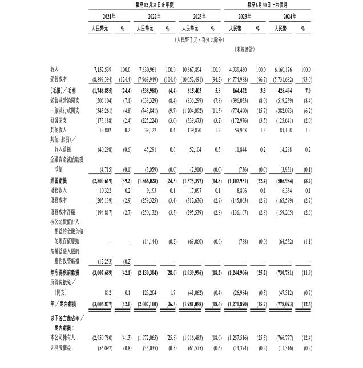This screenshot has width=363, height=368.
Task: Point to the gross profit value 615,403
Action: (195, 90)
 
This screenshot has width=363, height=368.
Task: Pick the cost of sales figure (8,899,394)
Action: (102, 77)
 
